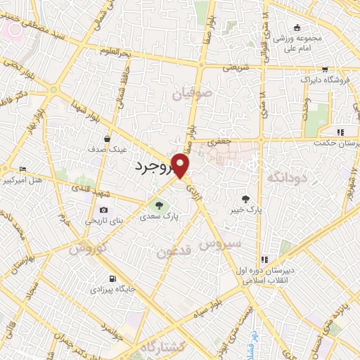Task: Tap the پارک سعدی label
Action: (159, 217)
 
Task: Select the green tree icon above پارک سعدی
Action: (159, 205)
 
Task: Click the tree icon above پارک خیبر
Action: (246, 198)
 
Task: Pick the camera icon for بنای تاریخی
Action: (104, 210)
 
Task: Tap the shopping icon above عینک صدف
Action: (107, 138)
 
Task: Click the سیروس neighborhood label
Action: (220, 244)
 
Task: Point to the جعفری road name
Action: (220, 141)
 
